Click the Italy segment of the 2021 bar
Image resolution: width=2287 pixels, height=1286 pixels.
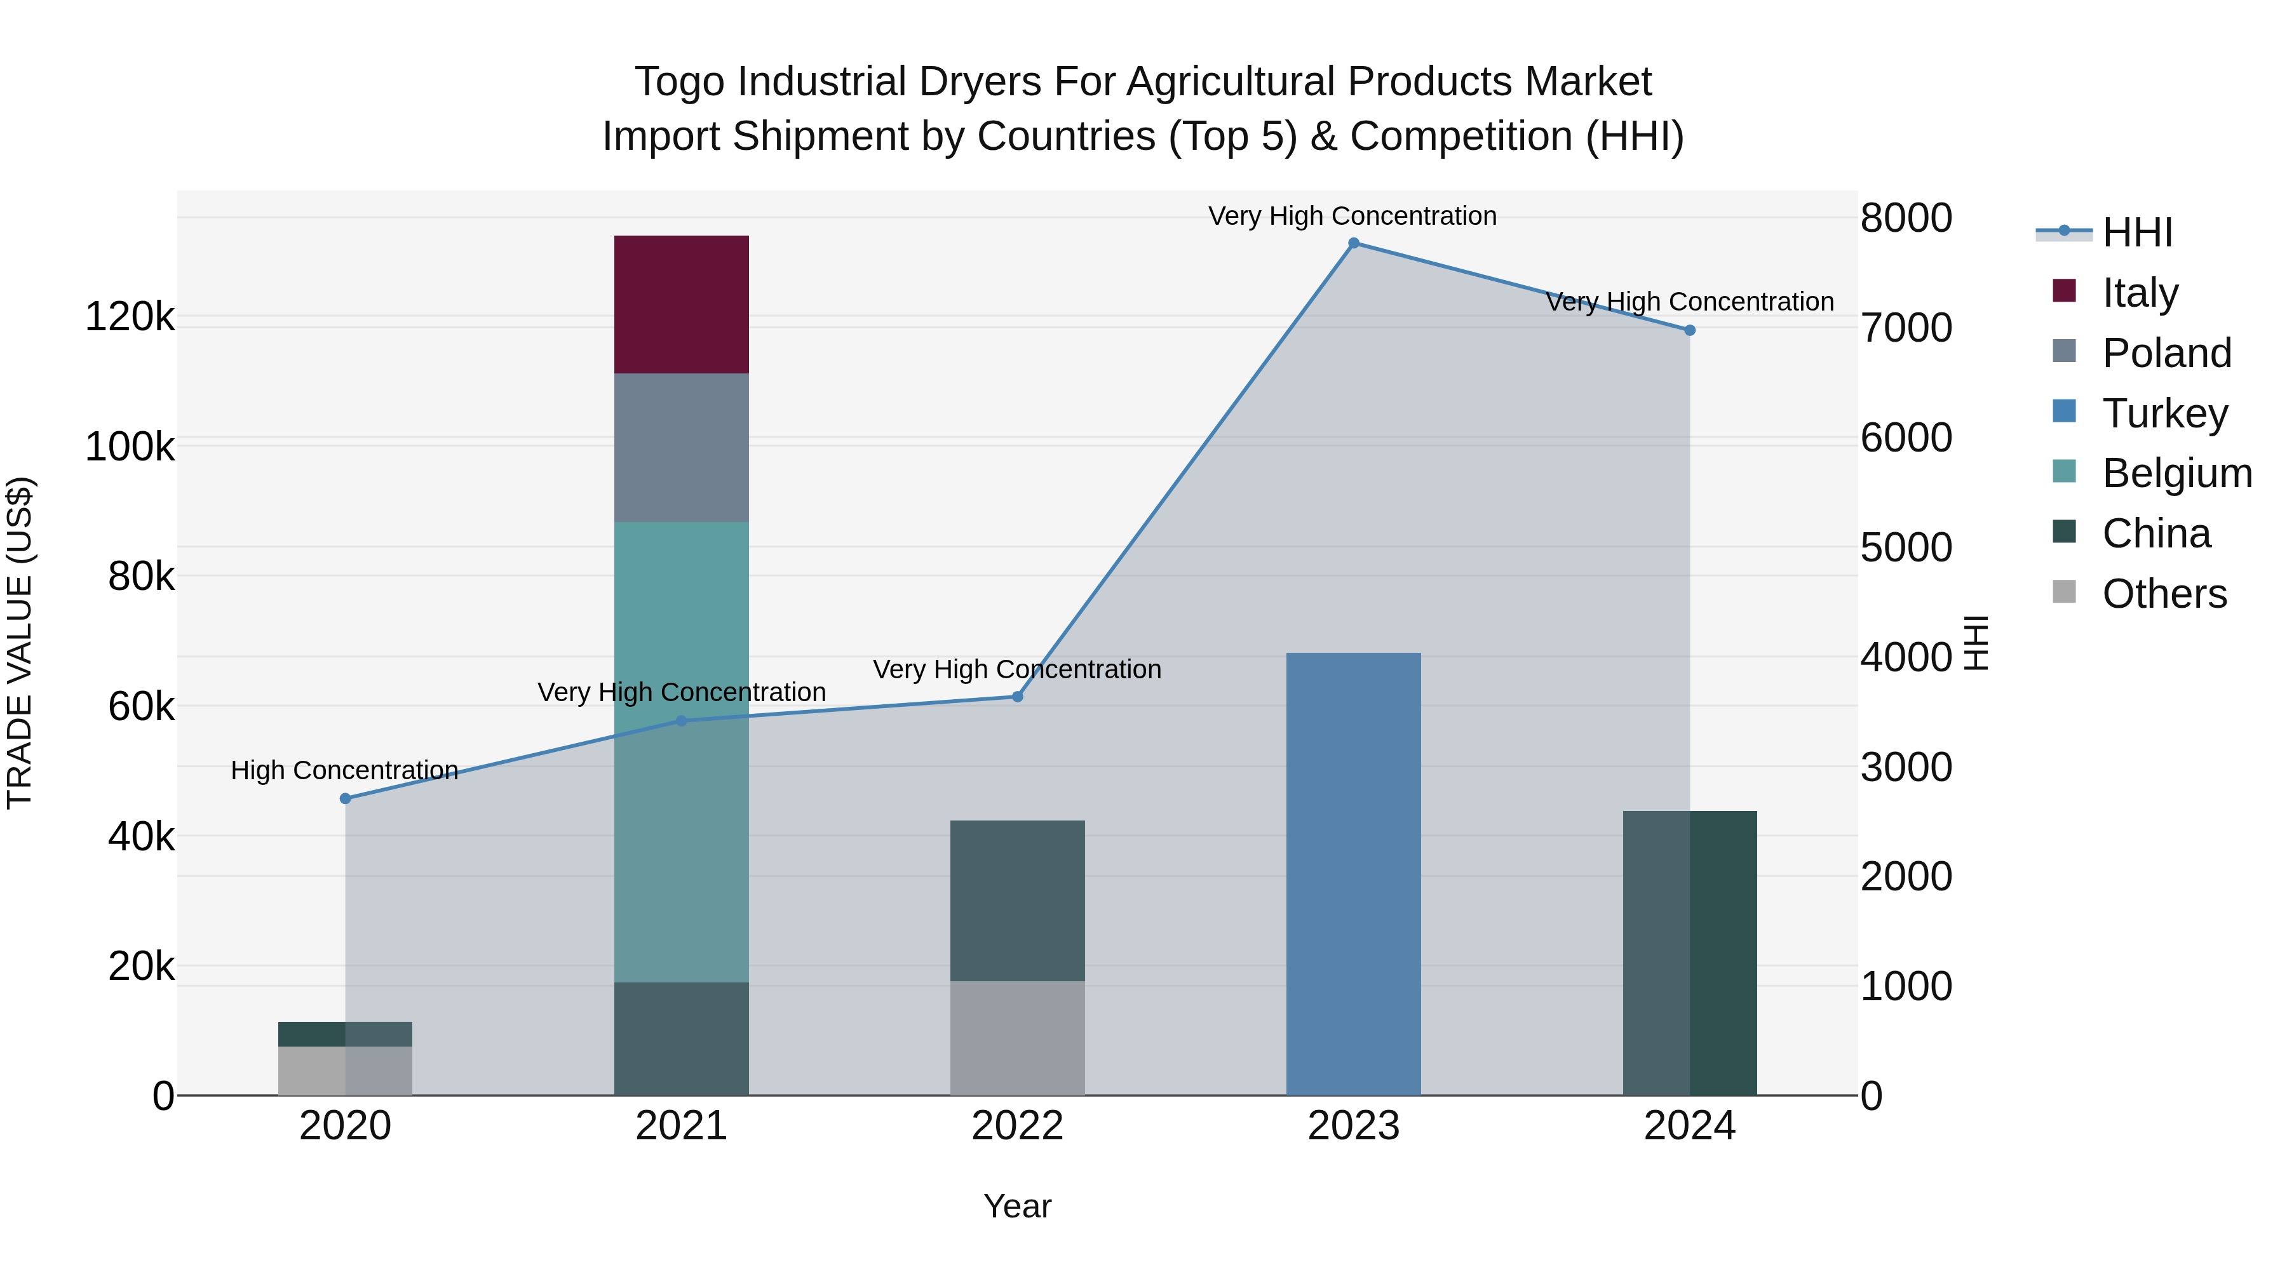(681, 304)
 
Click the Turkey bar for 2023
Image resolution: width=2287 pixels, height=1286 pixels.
(1353, 874)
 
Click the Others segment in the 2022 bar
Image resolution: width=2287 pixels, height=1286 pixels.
(1018, 1038)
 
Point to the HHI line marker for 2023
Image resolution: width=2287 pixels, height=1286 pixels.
(1353, 243)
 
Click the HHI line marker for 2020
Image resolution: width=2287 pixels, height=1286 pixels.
(346, 799)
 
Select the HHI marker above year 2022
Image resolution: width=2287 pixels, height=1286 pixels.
(1018, 697)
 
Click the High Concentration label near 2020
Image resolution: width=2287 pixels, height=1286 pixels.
(344, 770)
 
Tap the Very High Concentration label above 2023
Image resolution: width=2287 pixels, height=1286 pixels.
(1352, 217)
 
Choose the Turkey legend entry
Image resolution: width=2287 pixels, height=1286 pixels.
(2164, 413)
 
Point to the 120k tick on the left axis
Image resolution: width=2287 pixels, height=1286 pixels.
(130, 317)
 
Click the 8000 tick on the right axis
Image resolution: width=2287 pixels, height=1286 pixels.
(1906, 218)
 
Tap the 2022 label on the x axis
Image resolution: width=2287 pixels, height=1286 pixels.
(1018, 1126)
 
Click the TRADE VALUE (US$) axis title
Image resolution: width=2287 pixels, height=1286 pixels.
(20, 643)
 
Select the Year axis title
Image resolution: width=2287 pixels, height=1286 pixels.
(1018, 1206)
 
